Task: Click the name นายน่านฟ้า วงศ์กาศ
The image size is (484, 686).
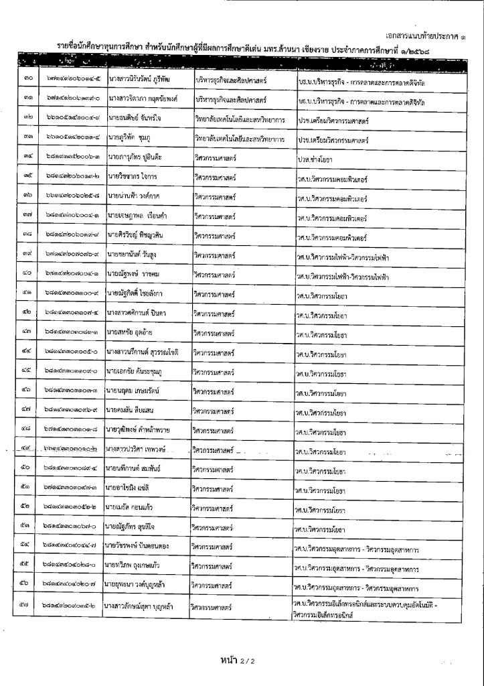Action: point(134,197)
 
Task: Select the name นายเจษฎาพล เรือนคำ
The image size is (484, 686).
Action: point(135,216)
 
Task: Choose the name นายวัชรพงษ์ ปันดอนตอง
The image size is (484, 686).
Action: point(139,547)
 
